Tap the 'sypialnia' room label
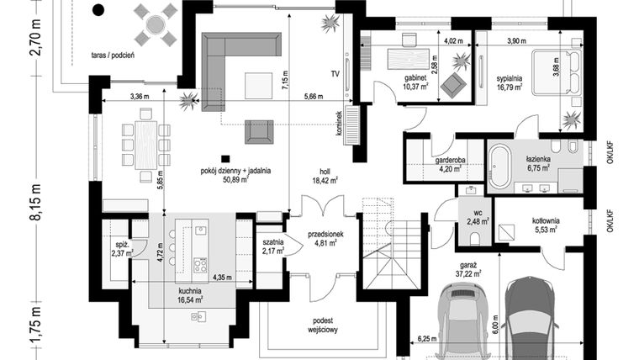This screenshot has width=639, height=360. coord(508,77)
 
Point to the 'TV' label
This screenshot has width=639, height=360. coord(335,74)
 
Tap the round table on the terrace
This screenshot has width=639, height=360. coord(156,24)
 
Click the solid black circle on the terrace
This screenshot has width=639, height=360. coord(98,11)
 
